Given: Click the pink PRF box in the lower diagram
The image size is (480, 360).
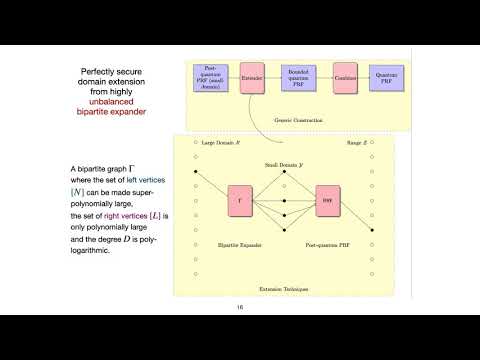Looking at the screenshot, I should coord(329,200).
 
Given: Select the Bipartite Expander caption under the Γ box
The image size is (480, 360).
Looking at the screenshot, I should coord(241,243).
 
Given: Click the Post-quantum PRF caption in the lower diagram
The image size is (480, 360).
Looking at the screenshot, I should coord(329,243).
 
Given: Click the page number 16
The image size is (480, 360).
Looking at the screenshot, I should coord(240,307).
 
